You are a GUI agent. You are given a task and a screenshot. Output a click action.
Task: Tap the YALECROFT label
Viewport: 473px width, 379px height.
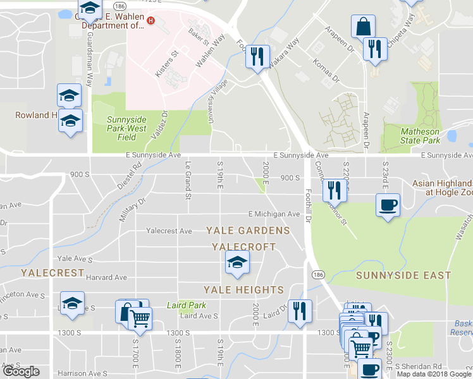click(x=244, y=246)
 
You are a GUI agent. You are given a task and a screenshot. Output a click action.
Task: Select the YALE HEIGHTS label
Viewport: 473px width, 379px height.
click(x=243, y=290)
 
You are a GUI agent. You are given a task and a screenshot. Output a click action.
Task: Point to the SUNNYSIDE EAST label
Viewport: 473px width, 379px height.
click(x=403, y=275)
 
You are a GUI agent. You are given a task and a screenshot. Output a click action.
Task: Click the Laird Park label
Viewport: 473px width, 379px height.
click(x=187, y=305)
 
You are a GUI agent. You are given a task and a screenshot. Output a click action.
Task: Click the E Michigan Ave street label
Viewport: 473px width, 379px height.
click(x=274, y=214)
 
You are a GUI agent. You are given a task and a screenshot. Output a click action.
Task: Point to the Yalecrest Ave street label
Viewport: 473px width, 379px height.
click(x=169, y=231)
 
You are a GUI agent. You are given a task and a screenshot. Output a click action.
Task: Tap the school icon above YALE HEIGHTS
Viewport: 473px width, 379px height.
click(x=237, y=262)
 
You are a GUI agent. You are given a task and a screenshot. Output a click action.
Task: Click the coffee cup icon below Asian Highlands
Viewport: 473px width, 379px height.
click(x=388, y=205)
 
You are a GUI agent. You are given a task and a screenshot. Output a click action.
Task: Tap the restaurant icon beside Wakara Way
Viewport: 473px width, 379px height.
click(x=257, y=56)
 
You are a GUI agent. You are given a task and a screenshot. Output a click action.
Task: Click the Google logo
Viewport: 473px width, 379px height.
click(x=21, y=371)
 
